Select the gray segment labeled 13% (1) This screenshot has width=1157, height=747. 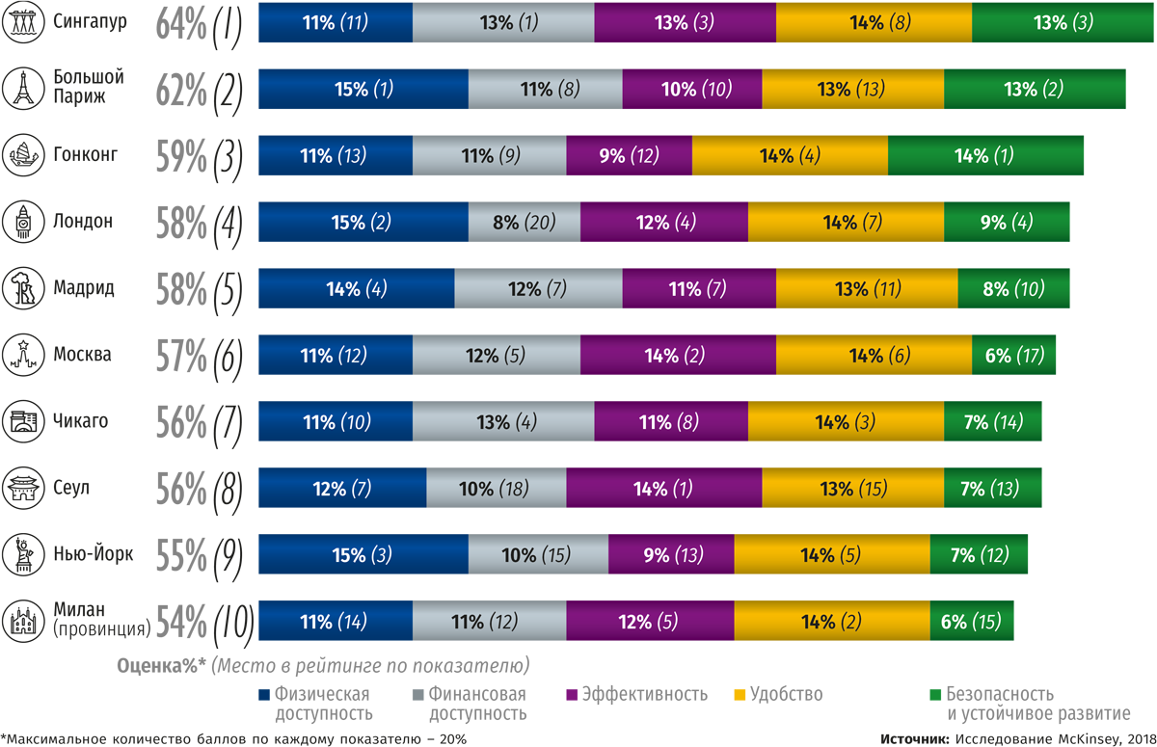(503, 21)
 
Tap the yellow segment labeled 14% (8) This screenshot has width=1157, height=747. (874, 21)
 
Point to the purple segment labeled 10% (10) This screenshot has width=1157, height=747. (692, 90)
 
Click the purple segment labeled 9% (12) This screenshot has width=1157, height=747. (630, 155)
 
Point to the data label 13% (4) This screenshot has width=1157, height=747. (503, 422)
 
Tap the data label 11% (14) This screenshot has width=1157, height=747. (331, 622)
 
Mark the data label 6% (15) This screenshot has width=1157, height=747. (971, 622)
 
